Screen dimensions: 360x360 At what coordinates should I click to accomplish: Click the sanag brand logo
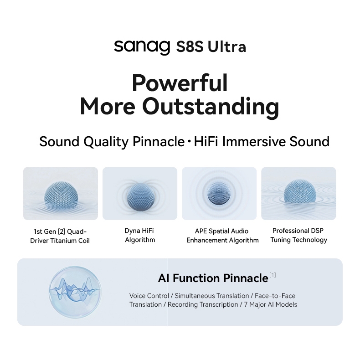pos(142,47)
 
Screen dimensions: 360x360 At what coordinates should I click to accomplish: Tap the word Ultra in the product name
pos(226,46)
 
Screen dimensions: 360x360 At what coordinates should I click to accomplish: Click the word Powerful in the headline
pos(180,83)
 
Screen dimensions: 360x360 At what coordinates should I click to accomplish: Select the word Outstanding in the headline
pos(211,107)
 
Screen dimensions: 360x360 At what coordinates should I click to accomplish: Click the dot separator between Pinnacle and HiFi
pos(189,141)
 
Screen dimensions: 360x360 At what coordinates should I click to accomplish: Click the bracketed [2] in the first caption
pos(62,231)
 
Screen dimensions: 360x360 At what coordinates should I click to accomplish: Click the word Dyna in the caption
pos(132,231)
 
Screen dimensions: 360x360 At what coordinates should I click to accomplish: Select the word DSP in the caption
pos(317,231)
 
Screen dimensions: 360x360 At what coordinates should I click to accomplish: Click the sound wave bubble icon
pos(75,292)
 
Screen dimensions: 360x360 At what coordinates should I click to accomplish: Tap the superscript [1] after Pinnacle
pos(273,275)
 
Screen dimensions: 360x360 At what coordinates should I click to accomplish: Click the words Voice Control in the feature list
pos(149,296)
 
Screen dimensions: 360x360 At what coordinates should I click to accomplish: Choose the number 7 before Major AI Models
pos(246,304)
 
